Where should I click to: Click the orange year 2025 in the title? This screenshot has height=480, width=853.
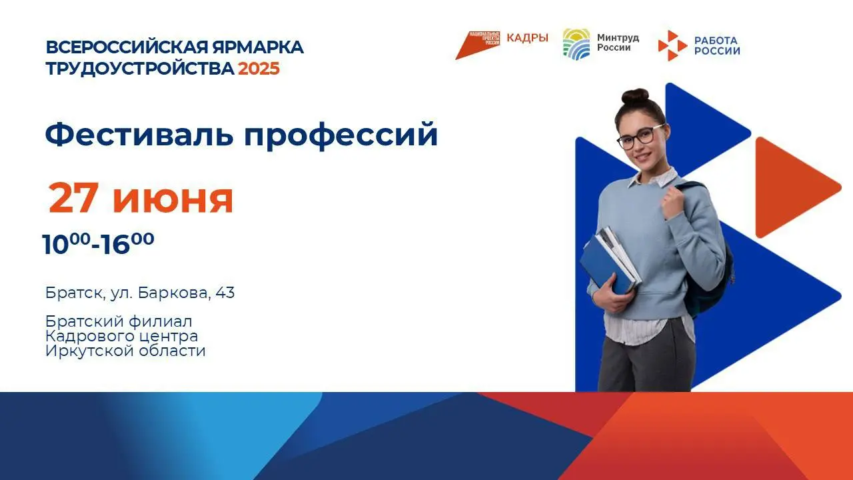tap(259, 69)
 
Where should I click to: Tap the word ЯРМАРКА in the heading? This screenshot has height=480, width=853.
tap(258, 47)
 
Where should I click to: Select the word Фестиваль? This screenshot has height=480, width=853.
tap(139, 134)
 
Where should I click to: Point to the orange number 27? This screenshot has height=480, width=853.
tap(74, 198)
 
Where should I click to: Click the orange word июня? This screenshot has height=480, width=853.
tap(173, 199)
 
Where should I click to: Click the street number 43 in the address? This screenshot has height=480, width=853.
tap(225, 293)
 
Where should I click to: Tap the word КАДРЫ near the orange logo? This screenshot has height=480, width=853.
tap(527, 38)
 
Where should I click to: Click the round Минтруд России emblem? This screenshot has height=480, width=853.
tap(576, 44)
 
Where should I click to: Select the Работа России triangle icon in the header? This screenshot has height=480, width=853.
tap(672, 46)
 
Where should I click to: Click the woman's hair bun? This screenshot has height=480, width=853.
tap(635, 96)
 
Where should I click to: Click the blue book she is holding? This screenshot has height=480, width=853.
tap(604, 265)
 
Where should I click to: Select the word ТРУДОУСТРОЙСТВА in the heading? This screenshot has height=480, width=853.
tap(140, 69)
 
